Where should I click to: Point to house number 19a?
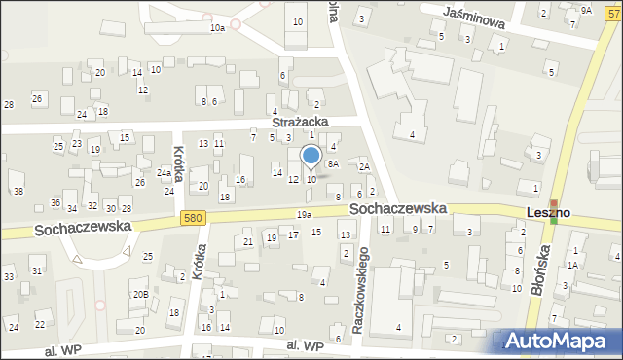click(304, 214)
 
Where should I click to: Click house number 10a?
click(217, 28)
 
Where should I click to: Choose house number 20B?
click(140, 294)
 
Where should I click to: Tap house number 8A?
click(333, 164)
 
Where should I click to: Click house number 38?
click(18, 191)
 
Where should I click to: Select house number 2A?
click(363, 167)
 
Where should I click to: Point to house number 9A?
click(585, 10)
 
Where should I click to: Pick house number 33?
click(9, 277)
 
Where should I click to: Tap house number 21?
click(248, 241)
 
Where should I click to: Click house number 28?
click(9, 104)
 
